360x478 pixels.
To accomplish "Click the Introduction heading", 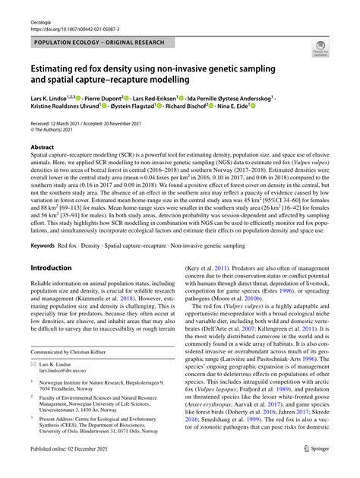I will [56, 267].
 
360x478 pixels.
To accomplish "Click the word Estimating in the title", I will [64, 67].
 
